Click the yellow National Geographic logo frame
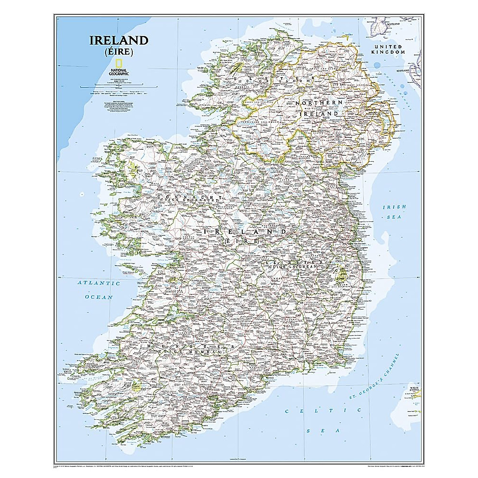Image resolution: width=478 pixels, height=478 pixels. coord(118,64)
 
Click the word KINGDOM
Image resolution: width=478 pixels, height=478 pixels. coord(388,52)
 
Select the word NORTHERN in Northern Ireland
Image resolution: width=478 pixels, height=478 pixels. coord(319,103)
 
